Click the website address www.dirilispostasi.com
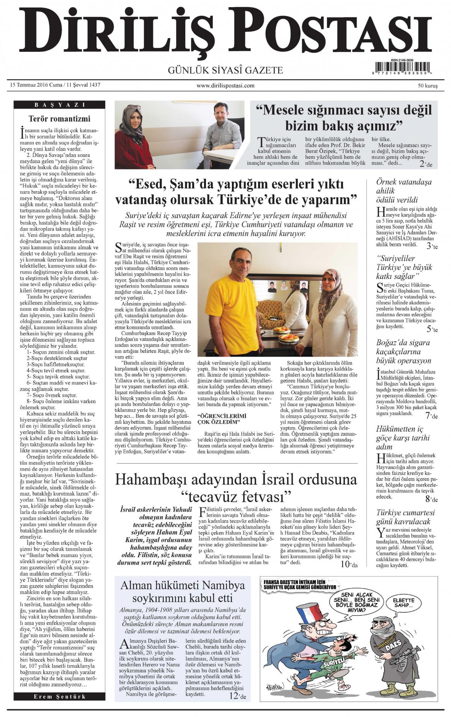(225, 86)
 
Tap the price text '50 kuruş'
(427, 86)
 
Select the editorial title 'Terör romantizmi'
(59, 119)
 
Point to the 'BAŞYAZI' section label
(59, 105)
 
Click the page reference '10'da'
(349, 564)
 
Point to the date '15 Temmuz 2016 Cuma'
(36, 85)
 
